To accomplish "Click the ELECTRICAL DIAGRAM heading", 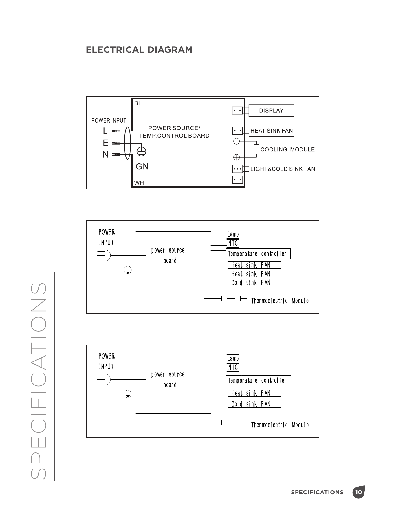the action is click(139, 50).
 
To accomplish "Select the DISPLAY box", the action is click(271, 111).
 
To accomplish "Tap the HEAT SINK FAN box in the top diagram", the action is click(272, 131).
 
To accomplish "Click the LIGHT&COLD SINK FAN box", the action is click(283, 169).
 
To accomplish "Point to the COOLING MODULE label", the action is click(287, 149).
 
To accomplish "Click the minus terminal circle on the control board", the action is click(237, 141).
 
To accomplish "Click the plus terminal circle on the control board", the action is click(237, 157).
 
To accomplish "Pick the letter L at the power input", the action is click(105, 131).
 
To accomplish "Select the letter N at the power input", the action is click(106, 155).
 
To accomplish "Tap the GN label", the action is click(142, 167).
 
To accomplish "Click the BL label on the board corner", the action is click(138, 103).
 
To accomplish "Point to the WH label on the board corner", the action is click(139, 183).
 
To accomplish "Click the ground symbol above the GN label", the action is click(141, 151).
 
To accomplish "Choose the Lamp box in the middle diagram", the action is click(233, 234).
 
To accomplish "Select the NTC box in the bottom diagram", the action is click(233, 368).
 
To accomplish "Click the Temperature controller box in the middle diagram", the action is click(258, 254).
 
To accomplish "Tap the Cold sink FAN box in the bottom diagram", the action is click(254, 404).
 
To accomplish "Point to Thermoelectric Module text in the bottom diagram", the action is click(280, 425).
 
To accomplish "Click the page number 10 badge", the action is click(359, 492).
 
